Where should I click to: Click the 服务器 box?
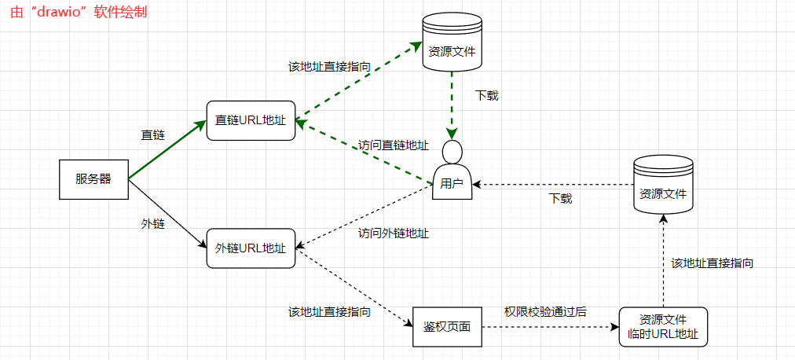pos(94,179)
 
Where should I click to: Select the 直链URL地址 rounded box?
pos(251,122)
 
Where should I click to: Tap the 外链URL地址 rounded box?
pos(251,248)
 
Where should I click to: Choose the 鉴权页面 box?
pos(447,326)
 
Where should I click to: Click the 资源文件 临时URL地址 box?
pos(664,326)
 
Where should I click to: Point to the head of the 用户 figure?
pos(452,151)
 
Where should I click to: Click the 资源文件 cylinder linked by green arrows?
pos(452,42)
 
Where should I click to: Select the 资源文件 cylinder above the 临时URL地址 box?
pos(664,184)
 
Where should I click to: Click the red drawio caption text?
pos(79,13)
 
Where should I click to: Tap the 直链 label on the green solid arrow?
pos(153,135)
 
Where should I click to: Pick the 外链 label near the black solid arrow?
pos(153,224)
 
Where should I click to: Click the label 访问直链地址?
pos(394,145)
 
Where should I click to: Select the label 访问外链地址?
pos(394,233)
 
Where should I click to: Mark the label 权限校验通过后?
pos(545,311)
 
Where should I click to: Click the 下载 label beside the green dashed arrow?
pos(487,96)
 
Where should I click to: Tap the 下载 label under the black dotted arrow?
pos(560,198)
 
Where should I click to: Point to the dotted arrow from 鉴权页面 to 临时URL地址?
pos(550,326)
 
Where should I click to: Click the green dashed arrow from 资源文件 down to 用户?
pos(452,102)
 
